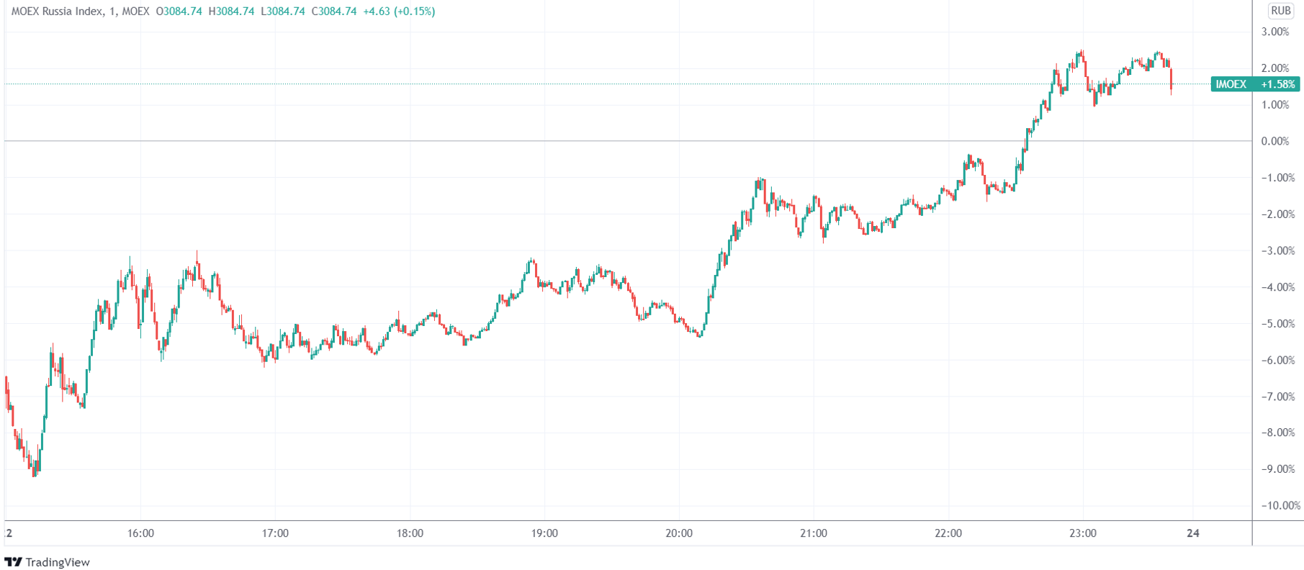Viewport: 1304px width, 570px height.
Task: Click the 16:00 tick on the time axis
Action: click(x=140, y=533)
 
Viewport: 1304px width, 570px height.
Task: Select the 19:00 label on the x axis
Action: click(x=544, y=533)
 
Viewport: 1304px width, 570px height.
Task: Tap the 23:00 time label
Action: click(x=1083, y=533)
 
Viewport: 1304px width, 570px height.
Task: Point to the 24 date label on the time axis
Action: click(x=1193, y=533)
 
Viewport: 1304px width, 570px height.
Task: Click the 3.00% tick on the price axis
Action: click(x=1275, y=32)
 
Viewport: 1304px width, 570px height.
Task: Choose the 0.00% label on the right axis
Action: click(x=1275, y=141)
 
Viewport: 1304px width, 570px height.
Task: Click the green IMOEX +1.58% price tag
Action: click(x=1256, y=84)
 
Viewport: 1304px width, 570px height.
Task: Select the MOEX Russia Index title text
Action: click(x=58, y=12)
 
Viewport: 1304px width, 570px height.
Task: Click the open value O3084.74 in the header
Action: click(x=179, y=12)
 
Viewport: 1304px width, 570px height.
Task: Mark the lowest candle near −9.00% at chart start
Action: click(x=34, y=471)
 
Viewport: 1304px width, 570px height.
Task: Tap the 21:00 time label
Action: click(x=814, y=533)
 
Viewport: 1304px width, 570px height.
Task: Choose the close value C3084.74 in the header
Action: click(x=334, y=12)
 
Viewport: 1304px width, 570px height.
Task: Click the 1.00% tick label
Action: click(x=1275, y=105)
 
